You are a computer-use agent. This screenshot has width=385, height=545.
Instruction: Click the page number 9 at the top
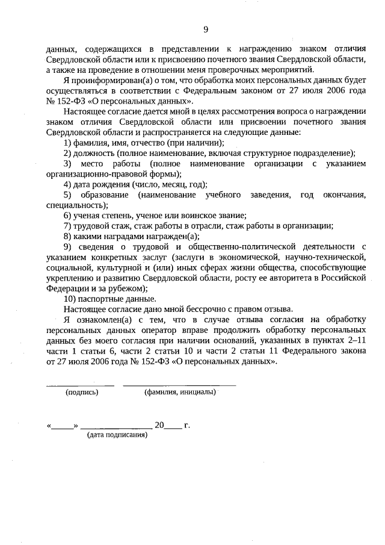click(x=206, y=29)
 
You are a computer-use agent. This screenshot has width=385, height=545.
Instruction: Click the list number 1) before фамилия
click(x=68, y=143)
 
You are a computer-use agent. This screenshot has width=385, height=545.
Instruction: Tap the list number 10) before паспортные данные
click(x=70, y=299)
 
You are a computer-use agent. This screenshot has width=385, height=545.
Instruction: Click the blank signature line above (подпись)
click(x=80, y=384)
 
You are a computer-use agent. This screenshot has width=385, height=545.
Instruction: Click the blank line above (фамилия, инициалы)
click(x=179, y=384)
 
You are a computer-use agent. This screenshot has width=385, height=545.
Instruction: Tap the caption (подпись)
click(x=82, y=392)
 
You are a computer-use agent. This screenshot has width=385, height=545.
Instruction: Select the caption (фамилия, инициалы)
click(x=180, y=392)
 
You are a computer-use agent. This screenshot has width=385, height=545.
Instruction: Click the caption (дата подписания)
click(x=117, y=434)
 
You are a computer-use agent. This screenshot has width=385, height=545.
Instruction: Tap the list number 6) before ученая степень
click(x=68, y=216)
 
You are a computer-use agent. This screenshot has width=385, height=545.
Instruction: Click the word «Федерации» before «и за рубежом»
click(x=66, y=288)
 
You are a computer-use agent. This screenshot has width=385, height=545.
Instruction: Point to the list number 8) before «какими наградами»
click(x=68, y=236)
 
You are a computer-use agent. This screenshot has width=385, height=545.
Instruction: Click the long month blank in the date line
click(x=116, y=426)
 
